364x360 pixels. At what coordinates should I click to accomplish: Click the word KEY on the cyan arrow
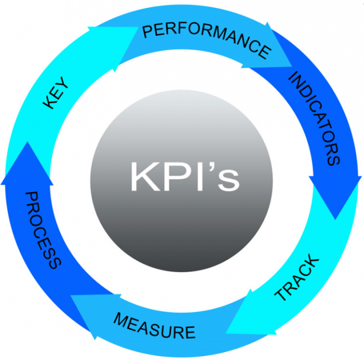coord(57,93)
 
